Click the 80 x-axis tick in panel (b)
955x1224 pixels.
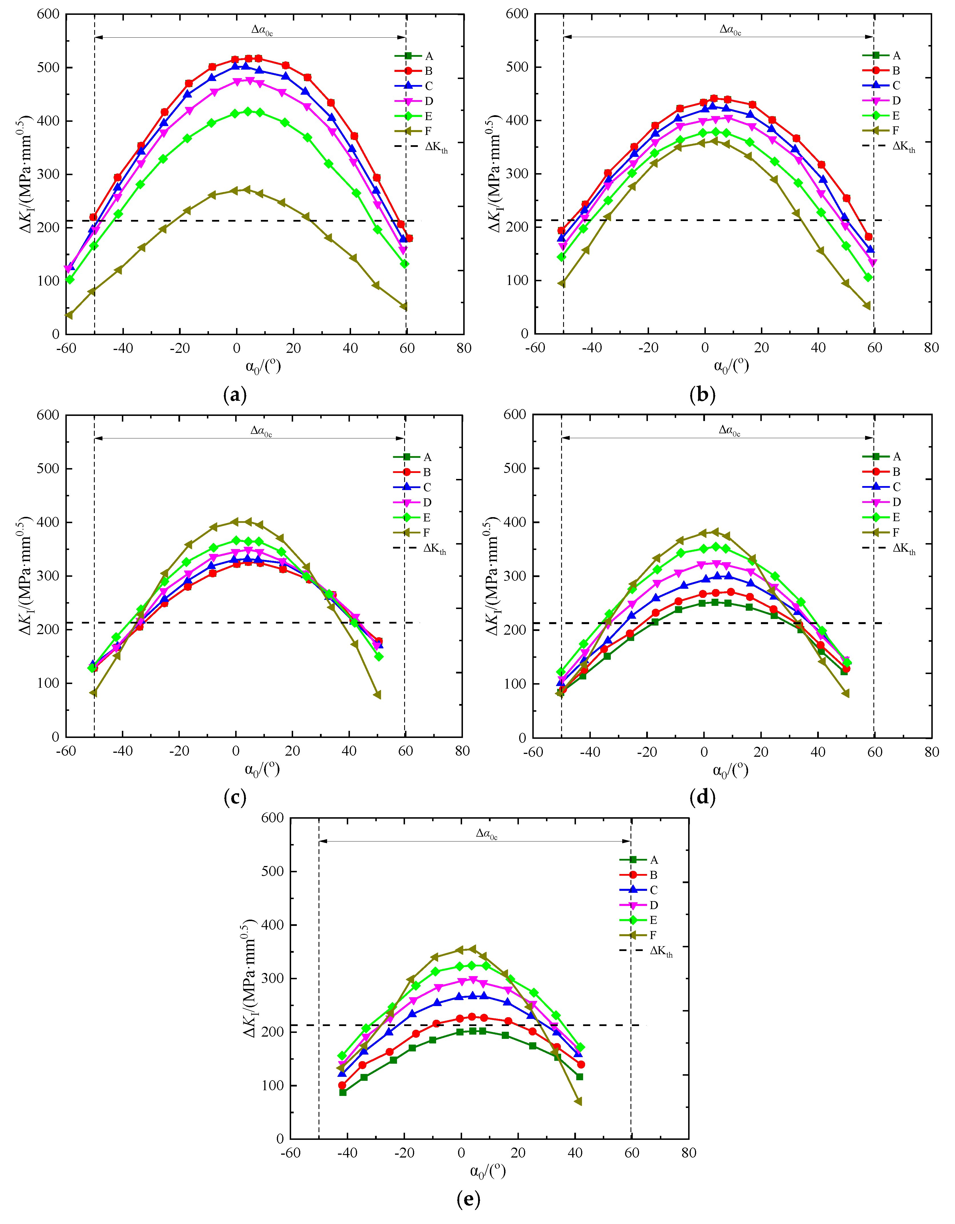(931, 347)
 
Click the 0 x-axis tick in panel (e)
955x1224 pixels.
(461, 1152)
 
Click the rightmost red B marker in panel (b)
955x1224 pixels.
(869, 236)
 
